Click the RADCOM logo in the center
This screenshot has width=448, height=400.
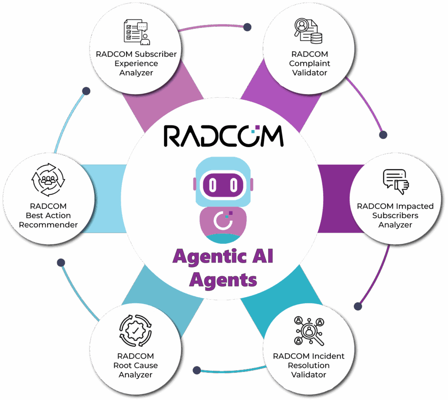(224, 136)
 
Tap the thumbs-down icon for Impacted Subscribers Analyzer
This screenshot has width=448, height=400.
(395, 182)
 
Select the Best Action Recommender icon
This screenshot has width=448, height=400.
(48, 179)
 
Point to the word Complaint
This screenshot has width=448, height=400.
(309, 63)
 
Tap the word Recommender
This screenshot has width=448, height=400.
(48, 225)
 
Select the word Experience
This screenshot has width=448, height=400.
(136, 63)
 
